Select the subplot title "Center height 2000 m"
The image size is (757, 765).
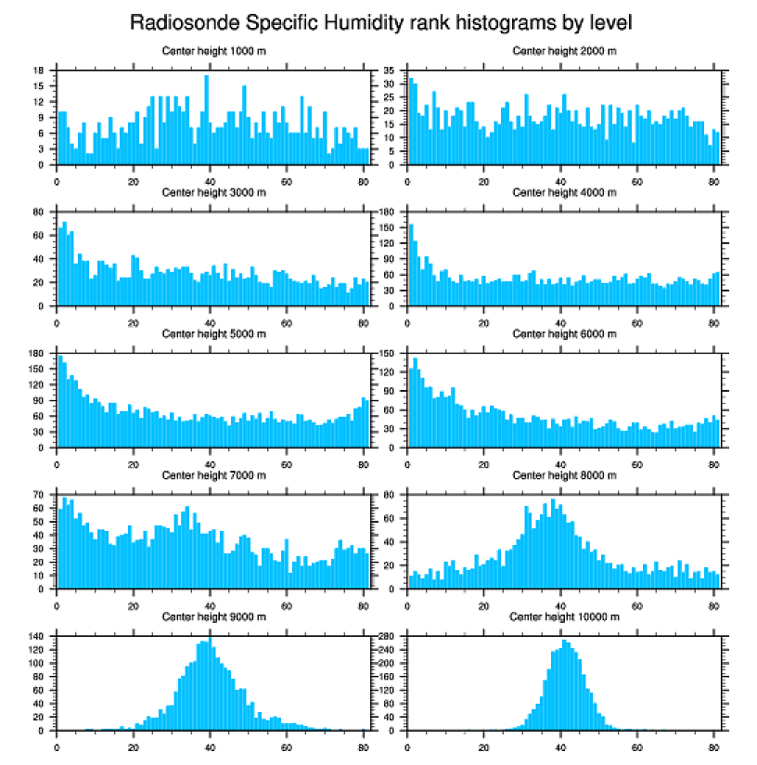point(564,50)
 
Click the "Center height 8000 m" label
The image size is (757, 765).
point(564,475)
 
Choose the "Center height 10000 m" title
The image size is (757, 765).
point(564,616)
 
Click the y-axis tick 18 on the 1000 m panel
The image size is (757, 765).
point(39,70)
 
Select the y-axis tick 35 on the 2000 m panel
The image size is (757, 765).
point(390,70)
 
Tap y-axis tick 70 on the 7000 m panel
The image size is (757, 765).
point(39,495)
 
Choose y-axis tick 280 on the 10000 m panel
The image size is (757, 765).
point(389,636)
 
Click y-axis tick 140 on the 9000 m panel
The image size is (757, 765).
point(38,636)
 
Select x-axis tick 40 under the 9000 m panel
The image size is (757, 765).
point(211,744)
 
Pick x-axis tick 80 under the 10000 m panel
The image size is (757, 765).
point(713,744)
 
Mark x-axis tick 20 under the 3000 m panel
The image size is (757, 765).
point(134,319)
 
